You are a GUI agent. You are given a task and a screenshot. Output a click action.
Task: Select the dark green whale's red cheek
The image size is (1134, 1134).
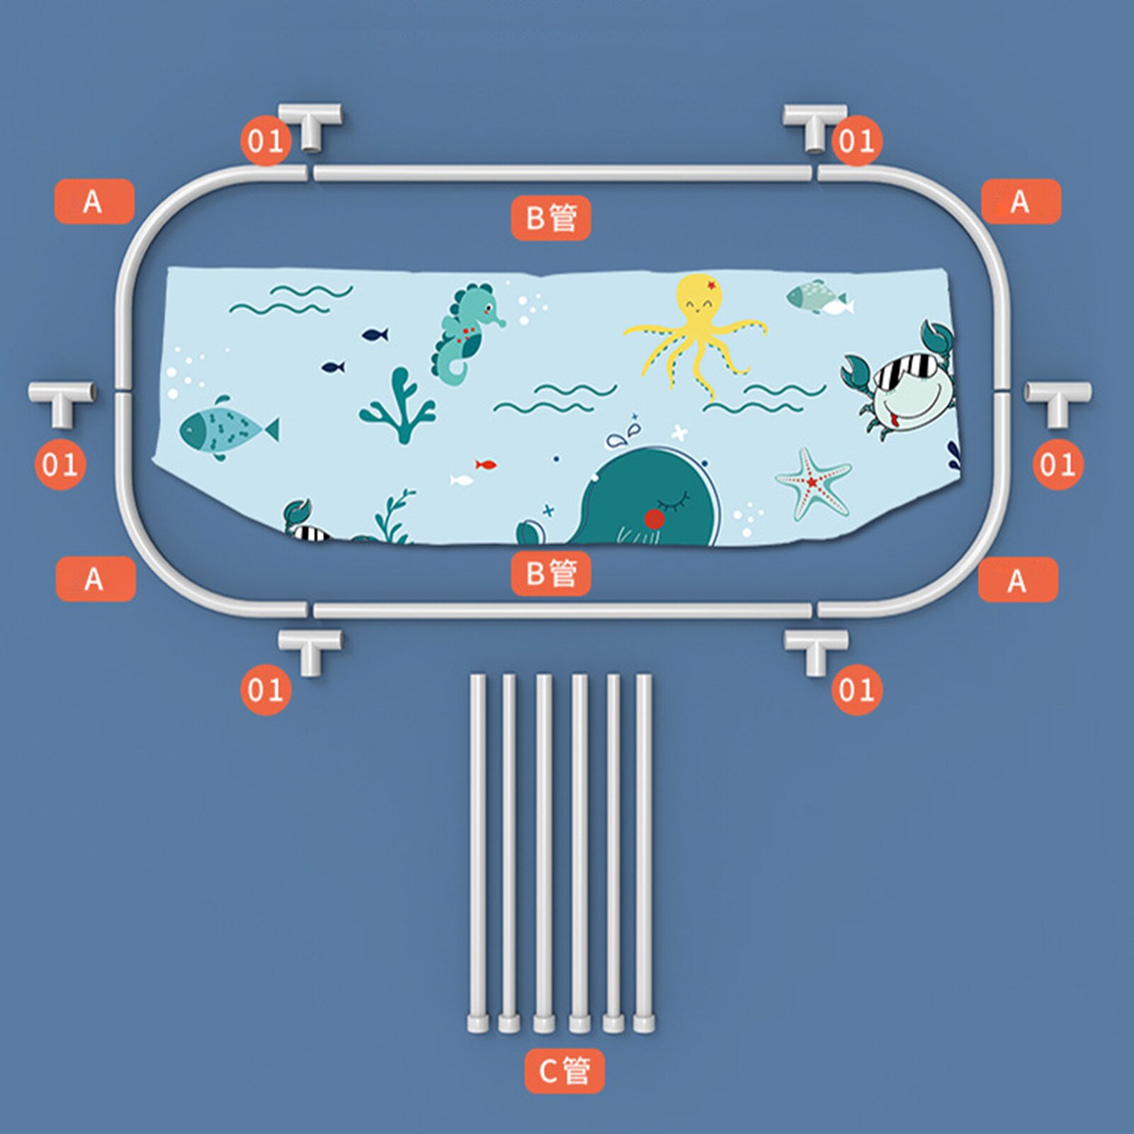pyautogui.click(x=654, y=519)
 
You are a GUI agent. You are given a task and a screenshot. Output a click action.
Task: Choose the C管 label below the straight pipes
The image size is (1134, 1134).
pyautogui.click(x=565, y=1070)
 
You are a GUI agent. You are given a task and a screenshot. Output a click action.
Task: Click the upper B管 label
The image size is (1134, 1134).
pyautogui.click(x=551, y=218)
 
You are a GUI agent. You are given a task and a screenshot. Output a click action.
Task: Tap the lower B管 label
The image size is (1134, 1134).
pyautogui.click(x=551, y=573)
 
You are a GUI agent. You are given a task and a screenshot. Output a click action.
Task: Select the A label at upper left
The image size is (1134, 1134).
pyautogui.click(x=94, y=202)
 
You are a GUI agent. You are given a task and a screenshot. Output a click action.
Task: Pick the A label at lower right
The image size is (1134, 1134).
pyautogui.click(x=1018, y=580)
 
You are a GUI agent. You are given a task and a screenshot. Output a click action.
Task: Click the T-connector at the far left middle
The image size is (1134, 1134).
pyautogui.click(x=61, y=402)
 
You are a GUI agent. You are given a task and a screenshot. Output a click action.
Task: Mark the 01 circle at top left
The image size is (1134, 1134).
pyautogui.click(x=266, y=141)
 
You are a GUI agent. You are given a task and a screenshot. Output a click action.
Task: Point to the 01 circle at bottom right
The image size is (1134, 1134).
pyautogui.click(x=857, y=689)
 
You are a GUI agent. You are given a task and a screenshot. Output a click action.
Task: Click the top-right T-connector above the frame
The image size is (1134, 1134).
pyautogui.click(x=815, y=125)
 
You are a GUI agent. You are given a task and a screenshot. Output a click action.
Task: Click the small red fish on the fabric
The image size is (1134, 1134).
pyautogui.click(x=485, y=465)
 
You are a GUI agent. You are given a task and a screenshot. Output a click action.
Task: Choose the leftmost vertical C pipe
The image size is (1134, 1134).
pyautogui.click(x=478, y=853)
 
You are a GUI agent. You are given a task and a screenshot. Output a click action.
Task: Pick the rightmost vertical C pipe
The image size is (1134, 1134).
pyautogui.click(x=644, y=853)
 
